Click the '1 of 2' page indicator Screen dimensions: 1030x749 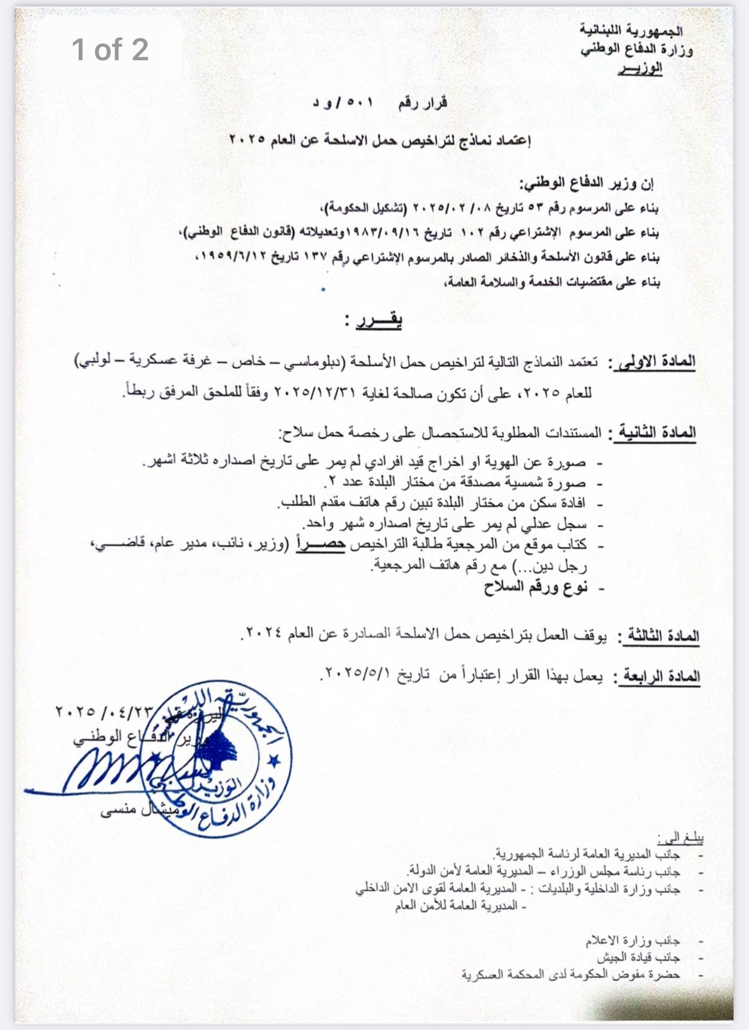tap(110, 50)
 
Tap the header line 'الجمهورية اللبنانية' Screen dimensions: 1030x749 tap(631, 30)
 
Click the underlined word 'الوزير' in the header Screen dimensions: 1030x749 tap(640, 68)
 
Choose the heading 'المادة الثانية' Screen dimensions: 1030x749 tap(657, 433)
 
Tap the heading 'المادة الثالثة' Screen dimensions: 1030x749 tap(659, 636)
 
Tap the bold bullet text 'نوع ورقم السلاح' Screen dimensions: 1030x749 tap(535, 587)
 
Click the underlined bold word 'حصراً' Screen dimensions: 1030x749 tap(320, 544)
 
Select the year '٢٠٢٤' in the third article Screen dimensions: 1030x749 tap(264, 633)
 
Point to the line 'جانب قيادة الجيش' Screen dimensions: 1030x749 tap(638, 957)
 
